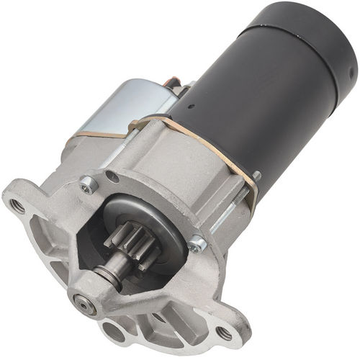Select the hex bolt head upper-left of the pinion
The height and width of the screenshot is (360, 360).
click(x=89, y=185)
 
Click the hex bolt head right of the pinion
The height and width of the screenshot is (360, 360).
click(x=198, y=245)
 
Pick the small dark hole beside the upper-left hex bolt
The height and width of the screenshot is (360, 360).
click(x=110, y=175)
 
